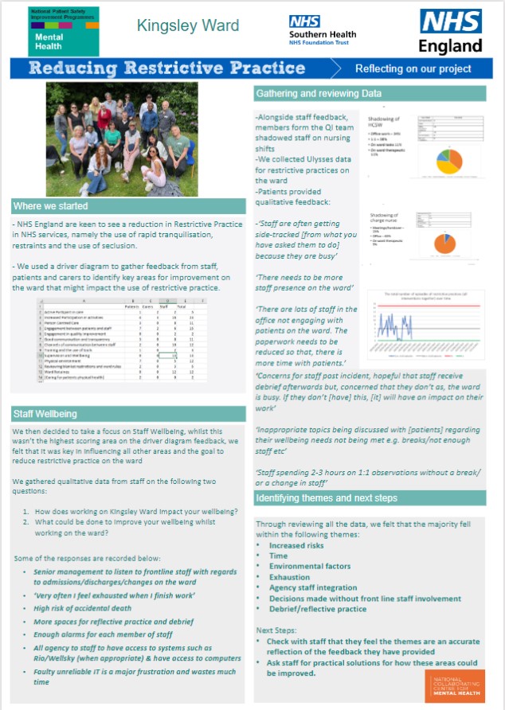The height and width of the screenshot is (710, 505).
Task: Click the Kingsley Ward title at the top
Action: [189, 25]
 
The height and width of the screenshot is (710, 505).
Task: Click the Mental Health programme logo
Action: [64, 30]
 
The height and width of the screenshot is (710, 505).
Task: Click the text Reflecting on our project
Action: [413, 68]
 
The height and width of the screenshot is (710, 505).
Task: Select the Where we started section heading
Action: [50, 206]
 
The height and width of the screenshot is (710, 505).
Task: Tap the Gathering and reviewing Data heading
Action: [319, 94]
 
